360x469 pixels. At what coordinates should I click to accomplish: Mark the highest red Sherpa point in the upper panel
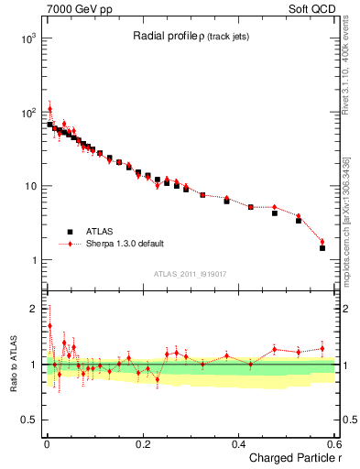tap(50, 108)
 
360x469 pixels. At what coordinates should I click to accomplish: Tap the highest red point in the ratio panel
tap(50, 325)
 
